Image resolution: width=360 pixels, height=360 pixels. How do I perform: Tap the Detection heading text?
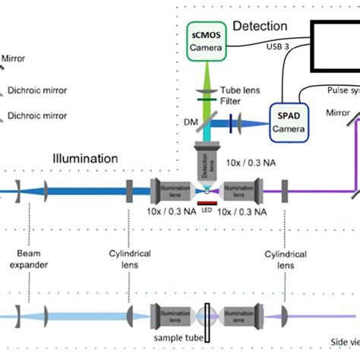coord(260,27)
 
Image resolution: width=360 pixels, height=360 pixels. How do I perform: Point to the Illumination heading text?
coord(85,159)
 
